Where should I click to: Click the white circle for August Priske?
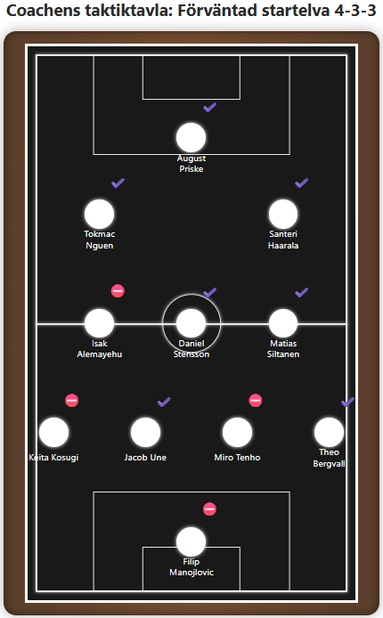(191, 137)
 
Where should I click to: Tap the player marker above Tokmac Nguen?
(99, 214)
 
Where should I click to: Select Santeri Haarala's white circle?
(283, 214)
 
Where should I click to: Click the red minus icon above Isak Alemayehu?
(118, 291)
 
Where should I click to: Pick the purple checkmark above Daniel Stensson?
(209, 292)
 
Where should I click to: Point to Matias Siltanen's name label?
(283, 349)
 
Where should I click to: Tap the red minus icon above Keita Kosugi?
(72, 401)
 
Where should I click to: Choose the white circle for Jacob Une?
(145, 433)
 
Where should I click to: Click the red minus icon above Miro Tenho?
(256, 401)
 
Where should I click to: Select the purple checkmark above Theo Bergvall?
(347, 402)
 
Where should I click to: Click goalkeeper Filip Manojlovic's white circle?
(191, 542)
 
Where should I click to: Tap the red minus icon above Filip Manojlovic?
(209, 508)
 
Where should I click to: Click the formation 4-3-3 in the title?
(355, 11)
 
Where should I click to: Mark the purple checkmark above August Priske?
(209, 107)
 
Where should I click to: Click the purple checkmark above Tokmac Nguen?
(118, 183)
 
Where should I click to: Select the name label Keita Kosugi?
(53, 458)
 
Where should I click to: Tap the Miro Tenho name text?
(237, 458)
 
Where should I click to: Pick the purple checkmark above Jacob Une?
(164, 402)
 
